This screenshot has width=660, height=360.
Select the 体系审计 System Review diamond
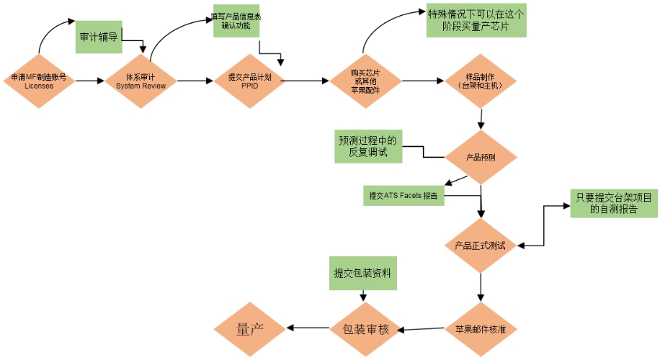141,81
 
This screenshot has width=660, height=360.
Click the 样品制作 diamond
480,81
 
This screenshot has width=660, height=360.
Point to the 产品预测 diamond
480,157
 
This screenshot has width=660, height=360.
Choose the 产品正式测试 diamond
480,246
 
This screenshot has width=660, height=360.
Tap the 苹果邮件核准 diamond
480,329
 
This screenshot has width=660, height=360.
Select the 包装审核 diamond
365,329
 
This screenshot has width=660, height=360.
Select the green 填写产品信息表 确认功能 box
236,21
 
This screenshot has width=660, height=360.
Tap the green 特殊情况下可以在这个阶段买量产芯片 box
476,22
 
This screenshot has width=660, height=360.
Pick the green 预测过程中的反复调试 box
368,145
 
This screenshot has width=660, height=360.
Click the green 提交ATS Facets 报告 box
403,195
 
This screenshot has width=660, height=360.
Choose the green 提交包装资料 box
364,273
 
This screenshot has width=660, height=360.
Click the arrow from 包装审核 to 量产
308,329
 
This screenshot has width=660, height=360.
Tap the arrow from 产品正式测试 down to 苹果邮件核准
480,287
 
